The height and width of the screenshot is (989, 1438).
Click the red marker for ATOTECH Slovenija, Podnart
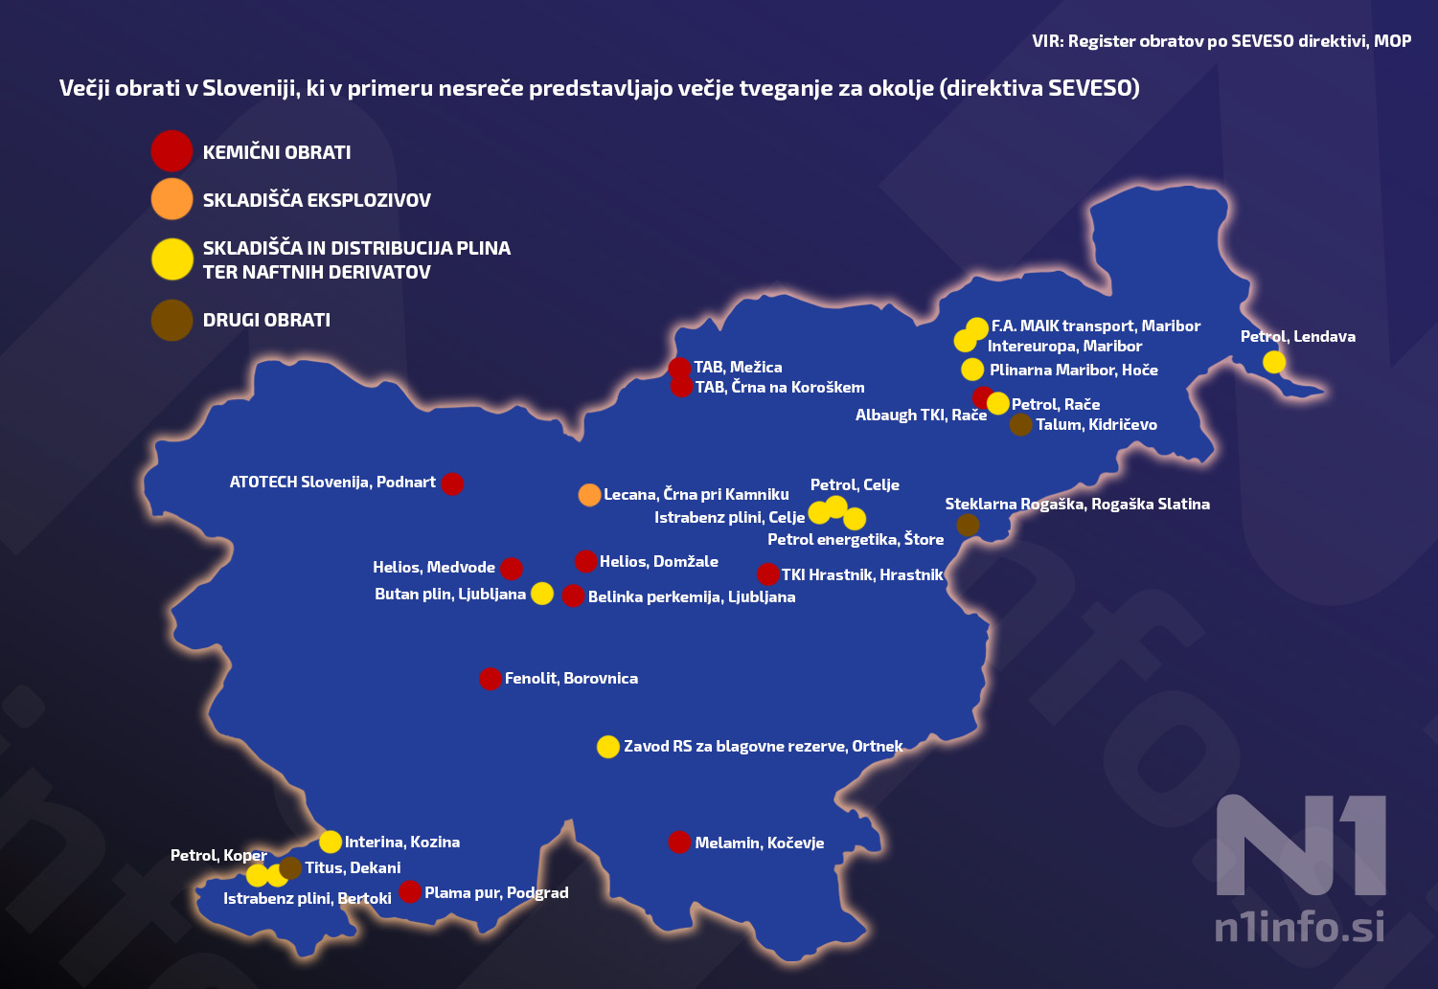pos(452,483)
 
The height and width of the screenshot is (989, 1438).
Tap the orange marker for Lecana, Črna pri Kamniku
pos(590,494)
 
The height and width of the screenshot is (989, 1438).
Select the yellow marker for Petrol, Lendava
pos(1274,362)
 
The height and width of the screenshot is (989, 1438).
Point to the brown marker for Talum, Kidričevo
pos(1021,424)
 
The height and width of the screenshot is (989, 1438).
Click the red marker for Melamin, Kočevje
pos(679,843)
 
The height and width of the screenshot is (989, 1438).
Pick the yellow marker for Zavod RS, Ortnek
pos(608,747)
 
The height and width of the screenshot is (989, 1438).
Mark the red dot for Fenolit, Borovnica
pos(491,679)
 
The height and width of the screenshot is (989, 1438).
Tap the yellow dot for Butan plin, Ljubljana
pos(542,594)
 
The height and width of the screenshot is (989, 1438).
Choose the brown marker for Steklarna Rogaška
pos(969,525)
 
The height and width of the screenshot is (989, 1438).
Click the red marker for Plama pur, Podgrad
pos(410,892)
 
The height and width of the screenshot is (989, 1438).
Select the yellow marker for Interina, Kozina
pos(331,842)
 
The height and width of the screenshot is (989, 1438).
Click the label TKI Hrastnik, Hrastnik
pos(862,574)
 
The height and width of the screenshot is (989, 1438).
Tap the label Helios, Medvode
pos(434,567)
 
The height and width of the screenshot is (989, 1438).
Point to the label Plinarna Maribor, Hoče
pos(1073,370)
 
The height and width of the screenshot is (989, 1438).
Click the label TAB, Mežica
pos(738,367)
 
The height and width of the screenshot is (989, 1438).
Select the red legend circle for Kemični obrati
pos(172,151)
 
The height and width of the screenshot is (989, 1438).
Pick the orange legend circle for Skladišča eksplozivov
pos(172,199)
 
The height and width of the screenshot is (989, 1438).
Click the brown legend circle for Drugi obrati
pos(172,320)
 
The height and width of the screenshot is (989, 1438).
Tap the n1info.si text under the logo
pos(1299,927)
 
